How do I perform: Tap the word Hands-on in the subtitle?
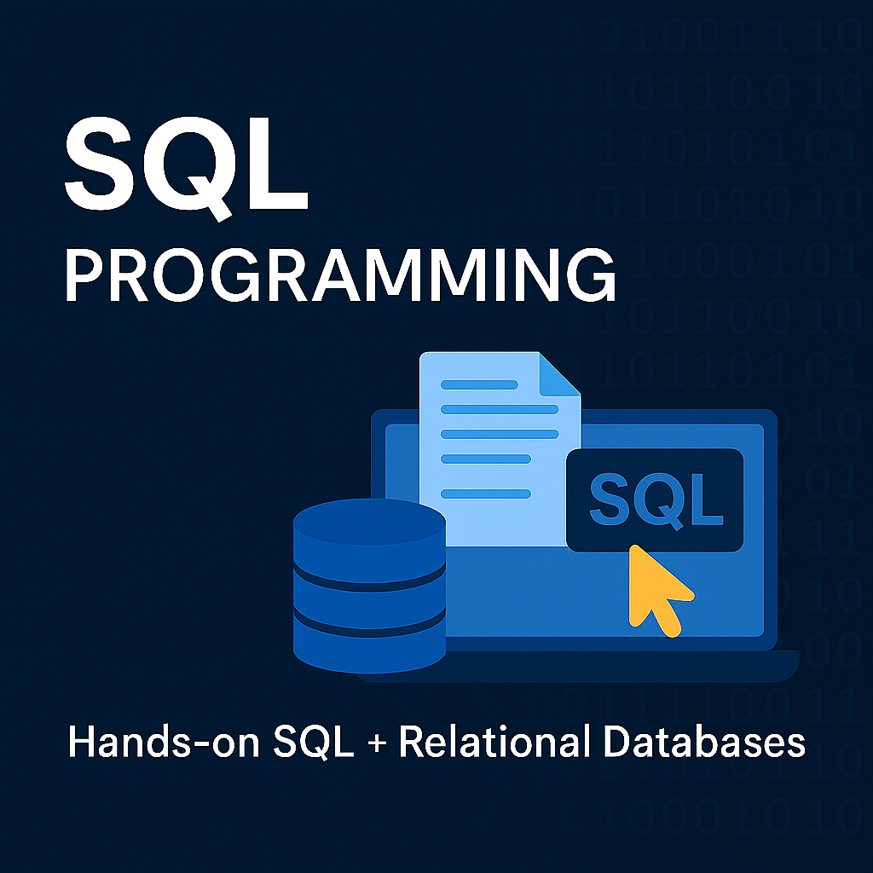pos(161,742)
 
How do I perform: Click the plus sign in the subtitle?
pos(377,743)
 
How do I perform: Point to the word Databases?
pos(704,742)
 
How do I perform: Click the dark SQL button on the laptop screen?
pos(655,500)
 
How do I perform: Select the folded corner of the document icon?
pos(561,376)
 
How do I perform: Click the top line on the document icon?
pos(479,384)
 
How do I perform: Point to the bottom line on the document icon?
pos(486,493)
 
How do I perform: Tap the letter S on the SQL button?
pos(610,500)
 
